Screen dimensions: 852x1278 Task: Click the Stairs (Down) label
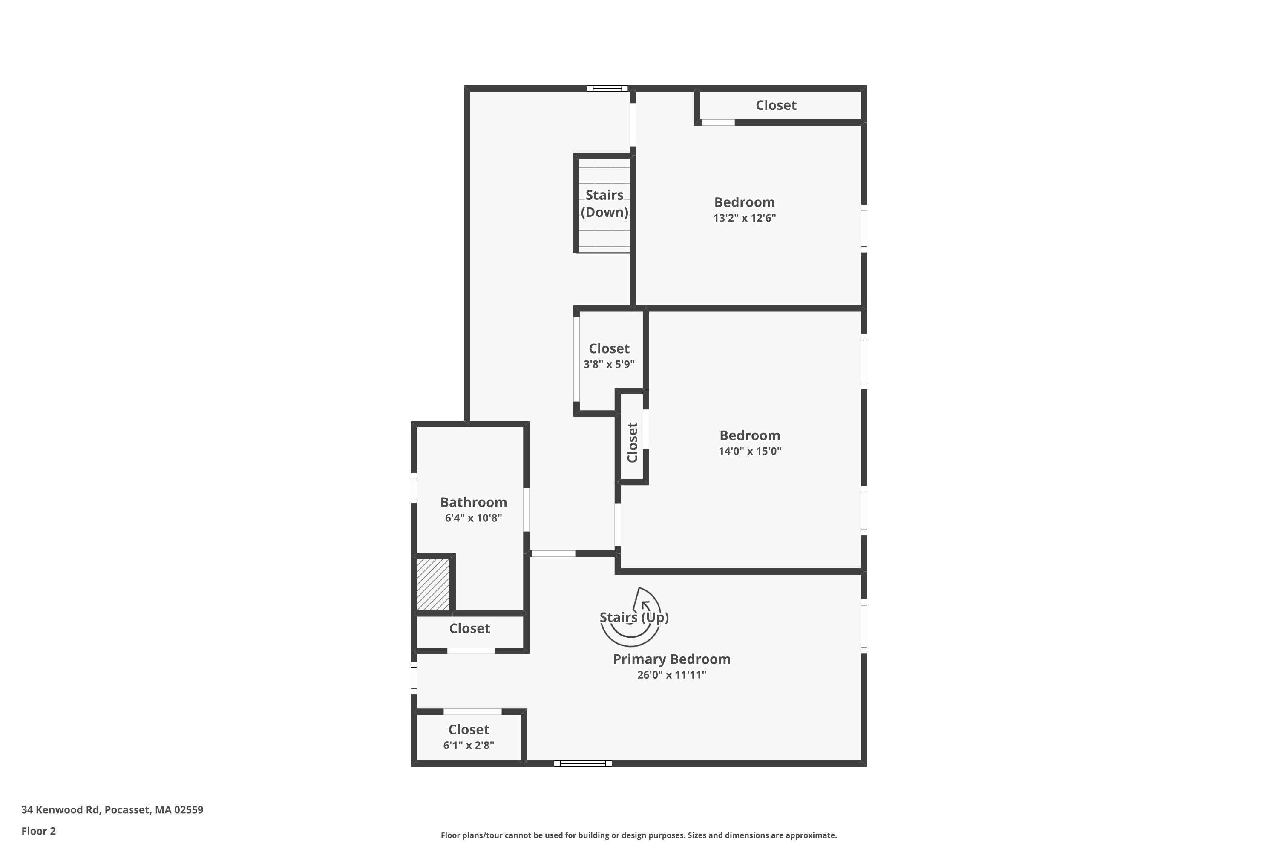pos(604,203)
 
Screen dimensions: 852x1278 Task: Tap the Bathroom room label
pos(473,502)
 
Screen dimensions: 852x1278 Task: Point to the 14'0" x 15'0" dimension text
pos(750,451)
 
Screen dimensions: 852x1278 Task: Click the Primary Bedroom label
pos(672,659)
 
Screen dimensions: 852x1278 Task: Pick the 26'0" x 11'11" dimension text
pos(672,675)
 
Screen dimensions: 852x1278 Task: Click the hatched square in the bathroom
pos(433,584)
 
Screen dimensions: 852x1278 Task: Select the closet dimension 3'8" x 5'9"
pos(609,365)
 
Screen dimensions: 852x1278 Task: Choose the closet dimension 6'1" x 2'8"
pos(468,745)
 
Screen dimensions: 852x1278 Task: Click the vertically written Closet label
pos(632,442)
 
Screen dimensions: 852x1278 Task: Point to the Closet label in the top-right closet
pos(776,105)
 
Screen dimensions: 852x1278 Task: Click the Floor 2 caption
pos(39,831)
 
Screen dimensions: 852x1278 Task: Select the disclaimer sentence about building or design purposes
pos(639,835)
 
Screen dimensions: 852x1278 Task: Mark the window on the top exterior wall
pos(607,88)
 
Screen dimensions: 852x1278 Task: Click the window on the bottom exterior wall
pos(582,763)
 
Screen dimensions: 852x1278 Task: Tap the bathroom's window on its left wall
pos(414,488)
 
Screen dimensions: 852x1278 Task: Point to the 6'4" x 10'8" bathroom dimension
pos(473,518)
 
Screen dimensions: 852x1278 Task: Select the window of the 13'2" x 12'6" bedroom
pos(864,228)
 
